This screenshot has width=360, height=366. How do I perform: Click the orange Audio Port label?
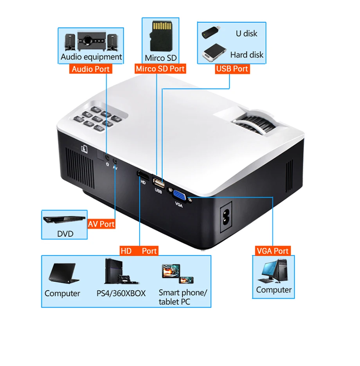point(91,69)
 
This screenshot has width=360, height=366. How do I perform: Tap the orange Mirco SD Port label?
point(160,69)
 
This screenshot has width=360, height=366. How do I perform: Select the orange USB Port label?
point(232,69)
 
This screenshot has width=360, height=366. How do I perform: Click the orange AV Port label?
point(101,224)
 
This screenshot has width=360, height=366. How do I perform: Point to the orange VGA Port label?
point(272,251)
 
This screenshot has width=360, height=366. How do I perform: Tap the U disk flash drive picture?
point(211,32)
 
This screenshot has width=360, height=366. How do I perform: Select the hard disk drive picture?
point(213,53)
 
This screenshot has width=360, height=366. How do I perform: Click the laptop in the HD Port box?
point(62,272)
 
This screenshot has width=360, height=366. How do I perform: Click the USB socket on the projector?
point(158,182)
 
